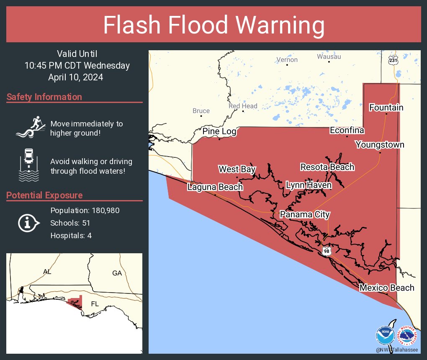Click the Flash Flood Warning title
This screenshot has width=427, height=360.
[213, 25]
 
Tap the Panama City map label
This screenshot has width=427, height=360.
[305, 215]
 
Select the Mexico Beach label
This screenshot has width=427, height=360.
[386, 288]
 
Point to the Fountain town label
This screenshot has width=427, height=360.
[386, 108]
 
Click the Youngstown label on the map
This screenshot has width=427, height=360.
[380, 145]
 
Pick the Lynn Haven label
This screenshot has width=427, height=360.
[309, 185]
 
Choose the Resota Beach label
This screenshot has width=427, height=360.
[327, 167]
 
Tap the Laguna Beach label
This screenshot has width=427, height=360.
[215, 187]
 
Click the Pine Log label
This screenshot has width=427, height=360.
[219, 132]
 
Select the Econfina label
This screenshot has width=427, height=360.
[347, 131]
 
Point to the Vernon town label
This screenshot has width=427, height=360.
[287, 60]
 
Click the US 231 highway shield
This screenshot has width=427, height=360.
[393, 60]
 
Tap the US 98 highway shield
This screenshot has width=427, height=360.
[326, 251]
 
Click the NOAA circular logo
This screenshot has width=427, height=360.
[385, 335]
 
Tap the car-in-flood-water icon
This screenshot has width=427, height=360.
[29, 165]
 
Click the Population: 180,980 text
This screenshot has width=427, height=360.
[85, 210]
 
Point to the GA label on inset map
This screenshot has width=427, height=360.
[117, 273]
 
